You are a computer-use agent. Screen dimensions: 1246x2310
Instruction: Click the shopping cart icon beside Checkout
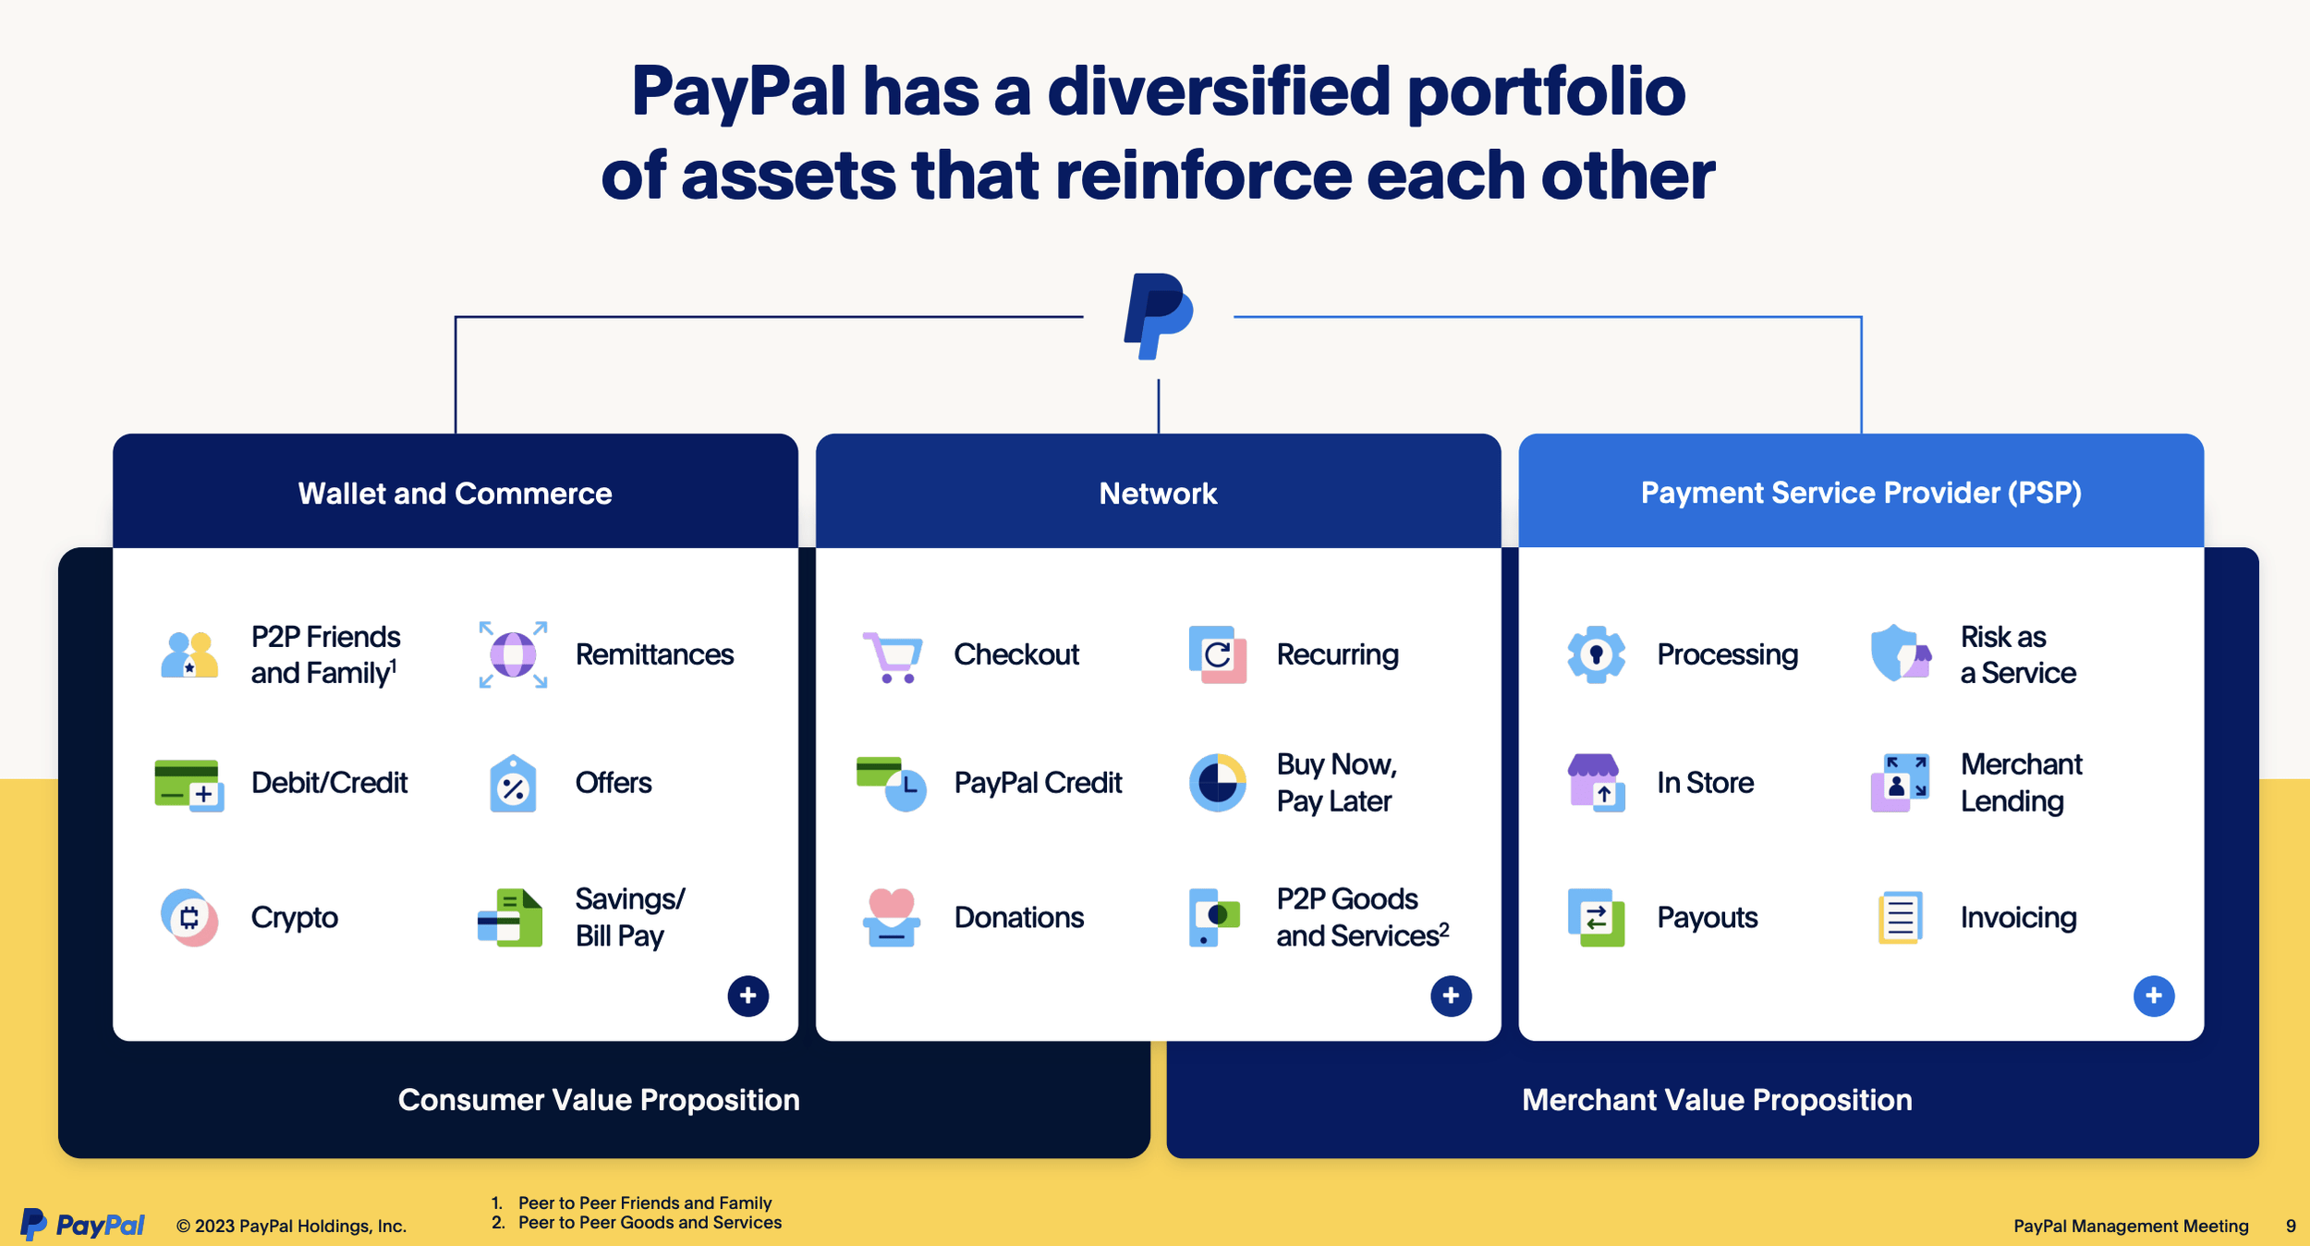pyautogui.click(x=892, y=656)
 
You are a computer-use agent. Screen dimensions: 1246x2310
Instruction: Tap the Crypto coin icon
pyautogui.click(x=189, y=917)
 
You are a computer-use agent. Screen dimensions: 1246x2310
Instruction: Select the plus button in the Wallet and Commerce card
pyautogui.click(x=748, y=996)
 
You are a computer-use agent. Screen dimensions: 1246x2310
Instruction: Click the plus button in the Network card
pyautogui.click(x=1451, y=996)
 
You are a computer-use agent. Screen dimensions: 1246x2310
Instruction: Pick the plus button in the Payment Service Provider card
pyautogui.click(x=2153, y=996)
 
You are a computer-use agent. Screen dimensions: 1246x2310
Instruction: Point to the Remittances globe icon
pyautogui.click(x=513, y=654)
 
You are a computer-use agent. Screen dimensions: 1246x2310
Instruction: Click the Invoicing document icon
pyautogui.click(x=1900, y=917)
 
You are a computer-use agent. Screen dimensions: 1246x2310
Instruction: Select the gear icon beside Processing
pyautogui.click(x=1596, y=654)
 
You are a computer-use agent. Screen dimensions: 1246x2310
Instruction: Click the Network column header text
pyautogui.click(x=1158, y=494)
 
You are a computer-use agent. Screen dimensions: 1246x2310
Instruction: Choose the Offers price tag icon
pyautogui.click(x=513, y=784)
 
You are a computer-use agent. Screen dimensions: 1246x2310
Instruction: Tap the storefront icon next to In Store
pyautogui.click(x=1596, y=783)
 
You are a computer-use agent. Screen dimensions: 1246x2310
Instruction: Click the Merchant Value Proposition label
pyautogui.click(x=1717, y=1100)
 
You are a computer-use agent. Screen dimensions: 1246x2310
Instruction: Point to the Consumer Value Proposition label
pyautogui.click(x=599, y=1100)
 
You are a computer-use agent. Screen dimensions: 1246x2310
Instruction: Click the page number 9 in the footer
pyautogui.click(x=2291, y=1226)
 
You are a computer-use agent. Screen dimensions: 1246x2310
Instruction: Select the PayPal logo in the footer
pyautogui.click(x=83, y=1225)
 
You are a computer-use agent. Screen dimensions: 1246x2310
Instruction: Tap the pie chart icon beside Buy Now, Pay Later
pyautogui.click(x=1217, y=783)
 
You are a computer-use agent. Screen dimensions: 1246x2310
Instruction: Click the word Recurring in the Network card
pyautogui.click(x=1337, y=654)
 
